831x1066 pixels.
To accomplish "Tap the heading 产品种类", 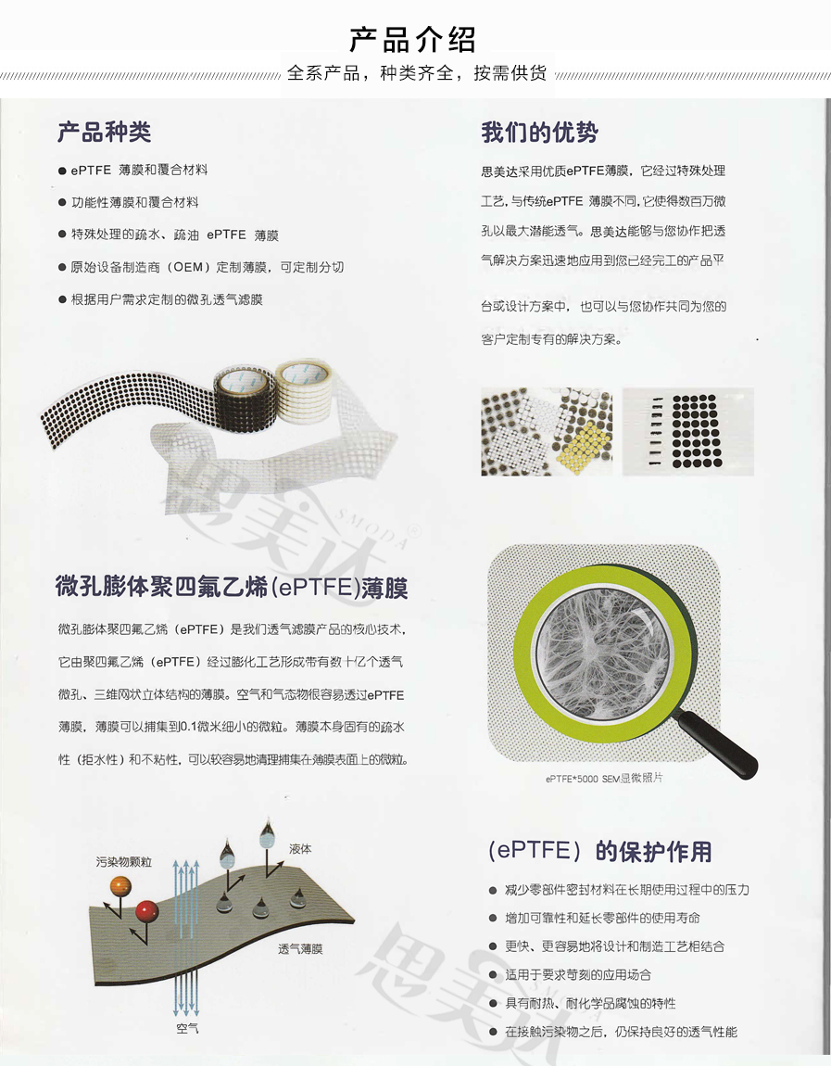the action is (x=104, y=132).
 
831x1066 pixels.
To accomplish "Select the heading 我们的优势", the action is (x=539, y=132).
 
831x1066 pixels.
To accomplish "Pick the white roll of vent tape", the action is (x=303, y=391).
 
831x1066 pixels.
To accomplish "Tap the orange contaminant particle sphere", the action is (x=120, y=886).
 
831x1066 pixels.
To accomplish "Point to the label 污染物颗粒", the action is (x=123, y=862).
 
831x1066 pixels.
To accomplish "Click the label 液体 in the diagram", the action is (x=300, y=848).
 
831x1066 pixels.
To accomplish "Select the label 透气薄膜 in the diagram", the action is (x=300, y=948).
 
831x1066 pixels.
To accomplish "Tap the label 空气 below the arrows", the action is (x=187, y=1029).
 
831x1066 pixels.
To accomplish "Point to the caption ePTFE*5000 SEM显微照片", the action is (x=604, y=778).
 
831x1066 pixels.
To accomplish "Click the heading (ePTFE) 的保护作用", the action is (x=599, y=851).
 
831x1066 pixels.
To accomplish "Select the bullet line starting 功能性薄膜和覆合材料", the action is (x=134, y=202).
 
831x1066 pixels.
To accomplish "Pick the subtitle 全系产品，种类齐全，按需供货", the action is (x=417, y=72).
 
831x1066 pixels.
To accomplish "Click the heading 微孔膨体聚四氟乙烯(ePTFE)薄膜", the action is (x=232, y=586).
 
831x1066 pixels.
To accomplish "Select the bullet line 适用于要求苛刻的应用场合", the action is (x=577, y=975).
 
